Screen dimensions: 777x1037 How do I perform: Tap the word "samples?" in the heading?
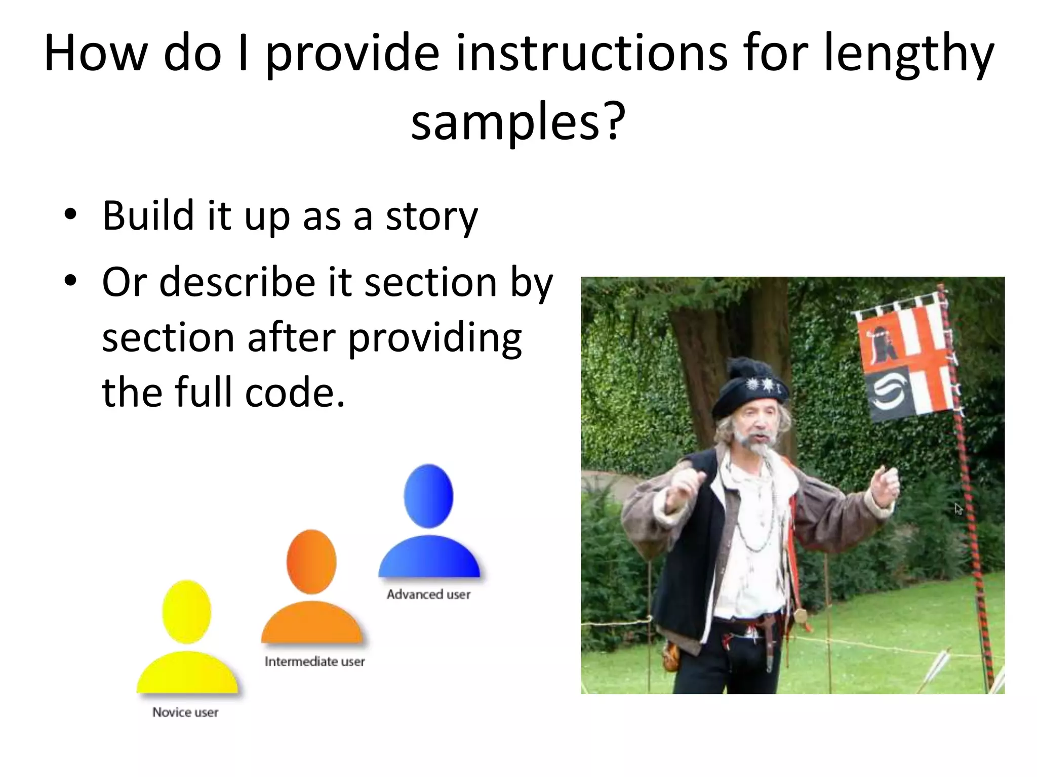point(518,121)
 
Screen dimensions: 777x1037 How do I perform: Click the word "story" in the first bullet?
point(431,217)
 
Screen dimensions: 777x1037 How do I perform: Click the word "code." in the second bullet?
point(295,392)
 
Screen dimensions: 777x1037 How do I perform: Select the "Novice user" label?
point(185,712)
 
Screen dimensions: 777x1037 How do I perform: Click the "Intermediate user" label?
point(314,662)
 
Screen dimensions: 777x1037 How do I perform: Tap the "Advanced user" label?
point(428,594)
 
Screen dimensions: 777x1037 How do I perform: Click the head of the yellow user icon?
point(186,612)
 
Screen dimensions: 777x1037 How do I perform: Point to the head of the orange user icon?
point(311,562)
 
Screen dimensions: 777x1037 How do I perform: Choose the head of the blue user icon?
point(428,496)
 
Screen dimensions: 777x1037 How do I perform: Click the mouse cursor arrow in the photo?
point(958,508)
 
